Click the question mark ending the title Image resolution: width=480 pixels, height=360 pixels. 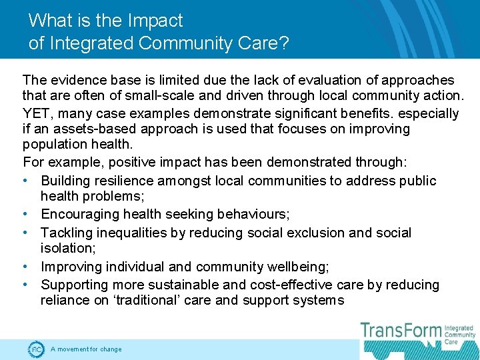[x=284, y=43]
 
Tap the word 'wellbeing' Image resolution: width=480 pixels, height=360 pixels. [x=295, y=267]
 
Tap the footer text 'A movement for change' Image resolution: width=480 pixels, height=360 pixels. [x=86, y=349]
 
